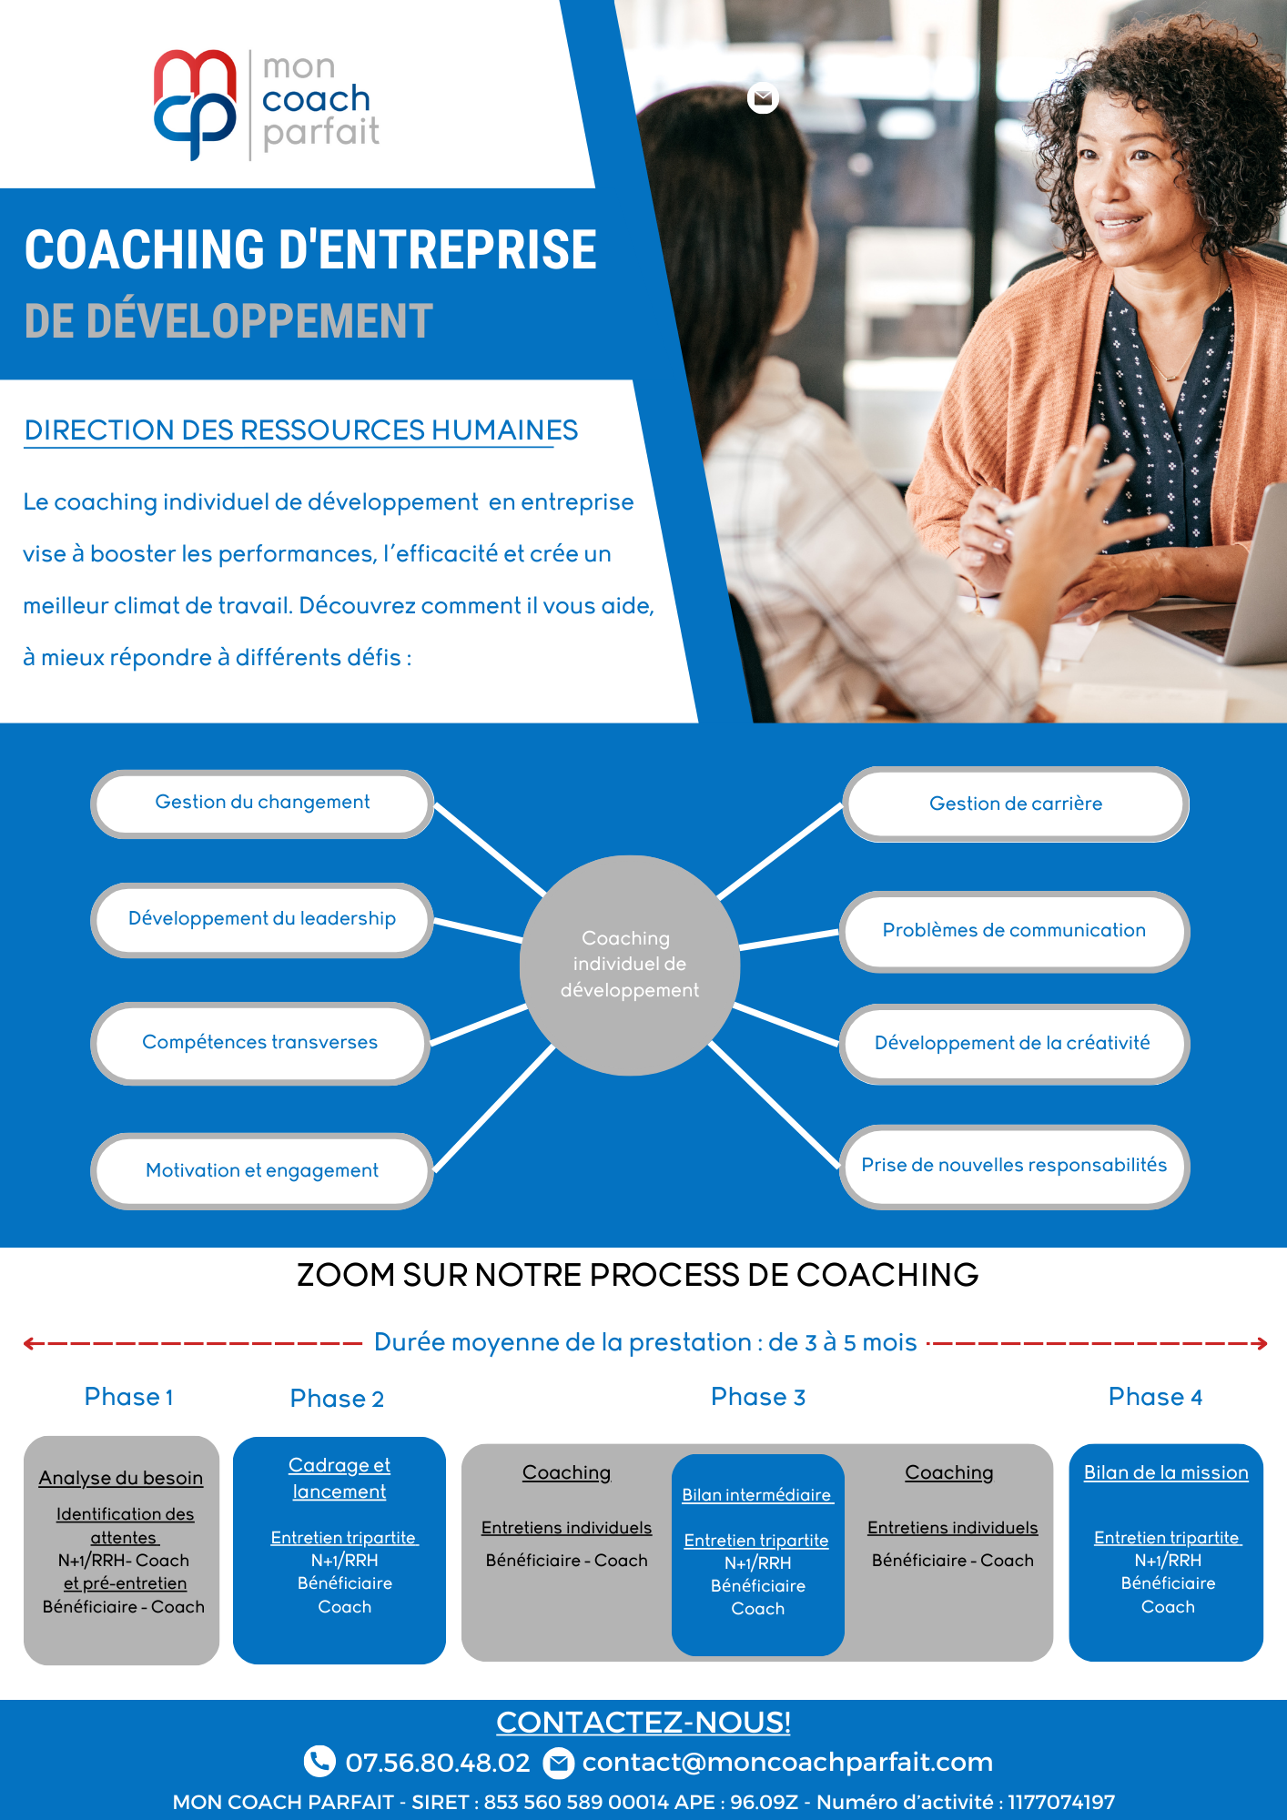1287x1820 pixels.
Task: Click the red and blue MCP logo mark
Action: [195, 104]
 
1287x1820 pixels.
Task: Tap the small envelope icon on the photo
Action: [763, 97]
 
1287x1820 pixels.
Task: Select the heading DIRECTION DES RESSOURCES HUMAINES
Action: [301, 430]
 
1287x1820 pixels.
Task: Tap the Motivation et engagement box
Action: [262, 1171]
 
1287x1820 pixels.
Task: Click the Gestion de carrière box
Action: [1016, 804]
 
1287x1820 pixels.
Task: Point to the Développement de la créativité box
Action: [1014, 1044]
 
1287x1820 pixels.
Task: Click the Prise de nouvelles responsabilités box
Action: [1014, 1167]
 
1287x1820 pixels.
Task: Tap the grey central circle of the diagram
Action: [630, 966]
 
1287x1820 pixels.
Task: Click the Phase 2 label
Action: [337, 1399]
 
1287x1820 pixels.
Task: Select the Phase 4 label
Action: [1155, 1397]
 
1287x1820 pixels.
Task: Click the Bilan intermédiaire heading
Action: [757, 1495]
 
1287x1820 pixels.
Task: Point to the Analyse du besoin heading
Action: [121, 1478]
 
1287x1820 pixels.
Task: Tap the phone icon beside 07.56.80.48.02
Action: [319, 1761]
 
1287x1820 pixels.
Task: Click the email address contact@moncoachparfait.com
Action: [787, 1762]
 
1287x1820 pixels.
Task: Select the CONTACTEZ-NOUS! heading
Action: [643, 1722]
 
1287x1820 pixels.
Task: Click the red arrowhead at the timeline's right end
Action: [1261, 1343]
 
